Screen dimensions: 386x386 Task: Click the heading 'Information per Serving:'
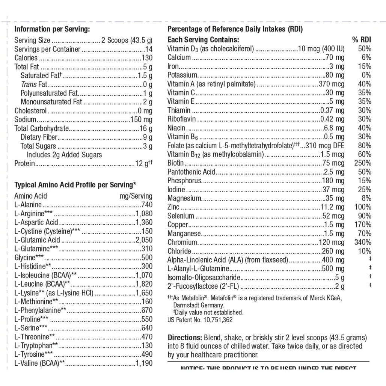tap(52, 29)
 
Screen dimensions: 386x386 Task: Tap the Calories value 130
tap(147, 58)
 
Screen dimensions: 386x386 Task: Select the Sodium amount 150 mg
tap(141, 120)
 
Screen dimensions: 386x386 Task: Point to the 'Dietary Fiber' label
tap(39, 137)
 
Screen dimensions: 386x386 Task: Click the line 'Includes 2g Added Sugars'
tap(64, 155)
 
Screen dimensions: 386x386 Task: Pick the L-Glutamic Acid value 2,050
tap(144, 240)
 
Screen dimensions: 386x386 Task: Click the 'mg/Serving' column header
tap(136, 196)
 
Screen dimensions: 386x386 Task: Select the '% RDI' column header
tap(362, 40)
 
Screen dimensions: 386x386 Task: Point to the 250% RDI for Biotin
tap(363, 163)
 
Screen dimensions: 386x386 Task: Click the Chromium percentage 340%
tap(363, 242)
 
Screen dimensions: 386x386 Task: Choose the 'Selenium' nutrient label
tap(181, 216)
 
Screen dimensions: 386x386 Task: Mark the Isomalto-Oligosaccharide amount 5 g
tap(339, 278)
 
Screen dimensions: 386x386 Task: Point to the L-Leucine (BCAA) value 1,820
tap(144, 284)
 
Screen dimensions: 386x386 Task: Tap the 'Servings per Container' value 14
tap(149, 49)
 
